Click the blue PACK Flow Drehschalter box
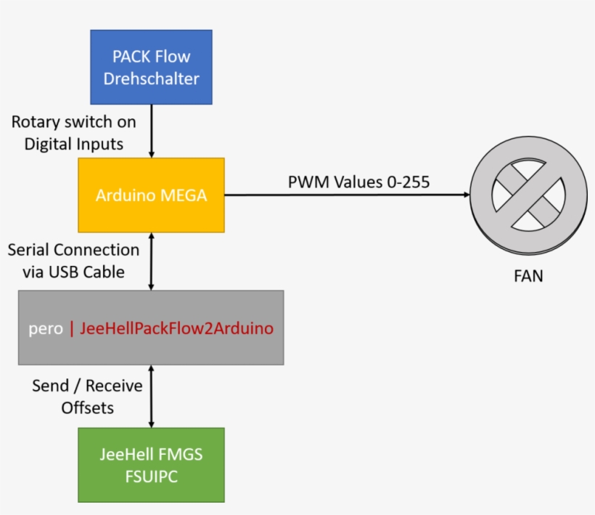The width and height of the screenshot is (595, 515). pos(151,67)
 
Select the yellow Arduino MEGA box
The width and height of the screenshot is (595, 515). pos(151,195)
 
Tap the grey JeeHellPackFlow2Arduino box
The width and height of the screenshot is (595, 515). pos(151,328)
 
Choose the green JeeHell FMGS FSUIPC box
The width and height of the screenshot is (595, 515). pos(151,465)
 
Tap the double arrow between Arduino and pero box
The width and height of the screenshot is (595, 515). pos(151,261)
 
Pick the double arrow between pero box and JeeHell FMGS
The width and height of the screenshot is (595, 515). pos(151,396)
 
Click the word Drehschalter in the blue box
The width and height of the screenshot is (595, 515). pos(151,78)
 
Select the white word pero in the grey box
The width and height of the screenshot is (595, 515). pos(45,328)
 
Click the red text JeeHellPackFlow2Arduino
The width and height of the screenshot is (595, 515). pos(177,328)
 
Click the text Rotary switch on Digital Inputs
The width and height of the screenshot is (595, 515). pos(73,133)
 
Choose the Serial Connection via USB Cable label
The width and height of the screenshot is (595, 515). pos(73,261)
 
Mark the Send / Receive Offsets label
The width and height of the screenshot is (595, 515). pos(87,397)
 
